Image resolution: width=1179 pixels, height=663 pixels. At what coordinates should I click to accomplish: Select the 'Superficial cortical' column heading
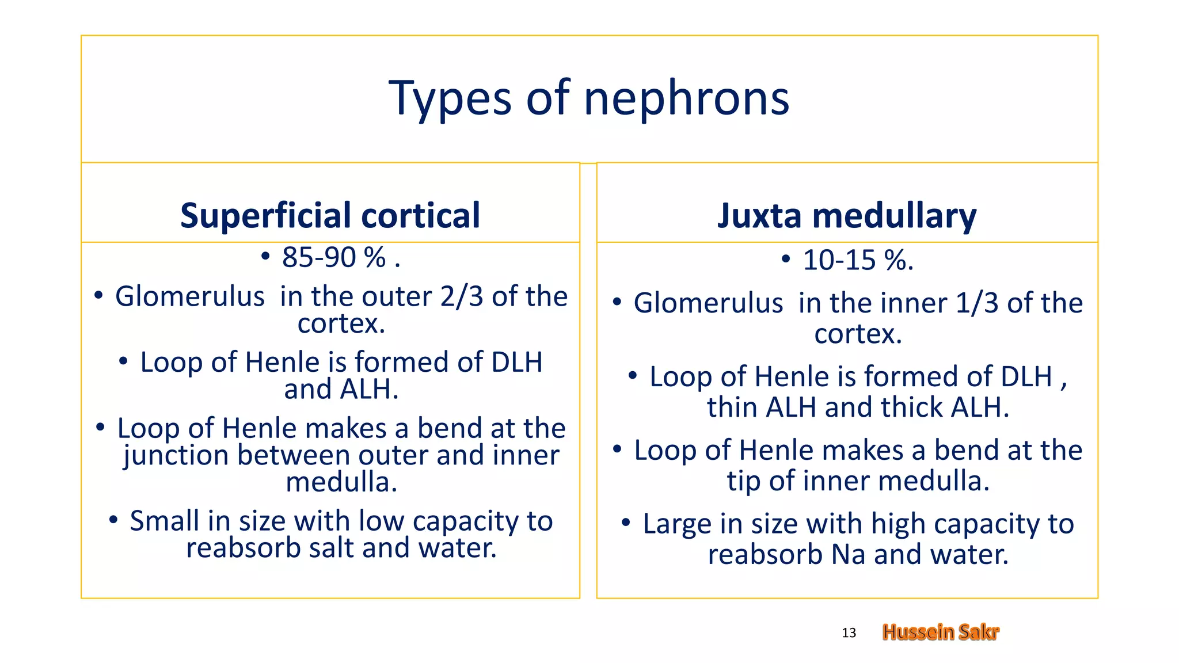(x=330, y=215)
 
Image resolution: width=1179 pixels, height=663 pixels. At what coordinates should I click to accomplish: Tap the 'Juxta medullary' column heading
(x=847, y=216)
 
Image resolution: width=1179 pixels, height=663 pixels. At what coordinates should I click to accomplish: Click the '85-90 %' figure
(x=333, y=257)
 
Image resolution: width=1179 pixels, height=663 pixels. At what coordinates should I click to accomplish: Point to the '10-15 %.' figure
(x=858, y=260)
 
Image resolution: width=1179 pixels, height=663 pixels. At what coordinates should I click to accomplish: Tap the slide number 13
(x=849, y=633)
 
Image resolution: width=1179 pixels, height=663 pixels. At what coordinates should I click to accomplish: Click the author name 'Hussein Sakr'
(x=941, y=632)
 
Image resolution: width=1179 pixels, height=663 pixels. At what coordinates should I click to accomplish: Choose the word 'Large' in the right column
(x=677, y=524)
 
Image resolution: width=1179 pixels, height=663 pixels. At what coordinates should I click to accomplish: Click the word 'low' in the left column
(x=382, y=521)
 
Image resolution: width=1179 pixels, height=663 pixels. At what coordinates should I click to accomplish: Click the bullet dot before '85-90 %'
(x=265, y=257)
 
